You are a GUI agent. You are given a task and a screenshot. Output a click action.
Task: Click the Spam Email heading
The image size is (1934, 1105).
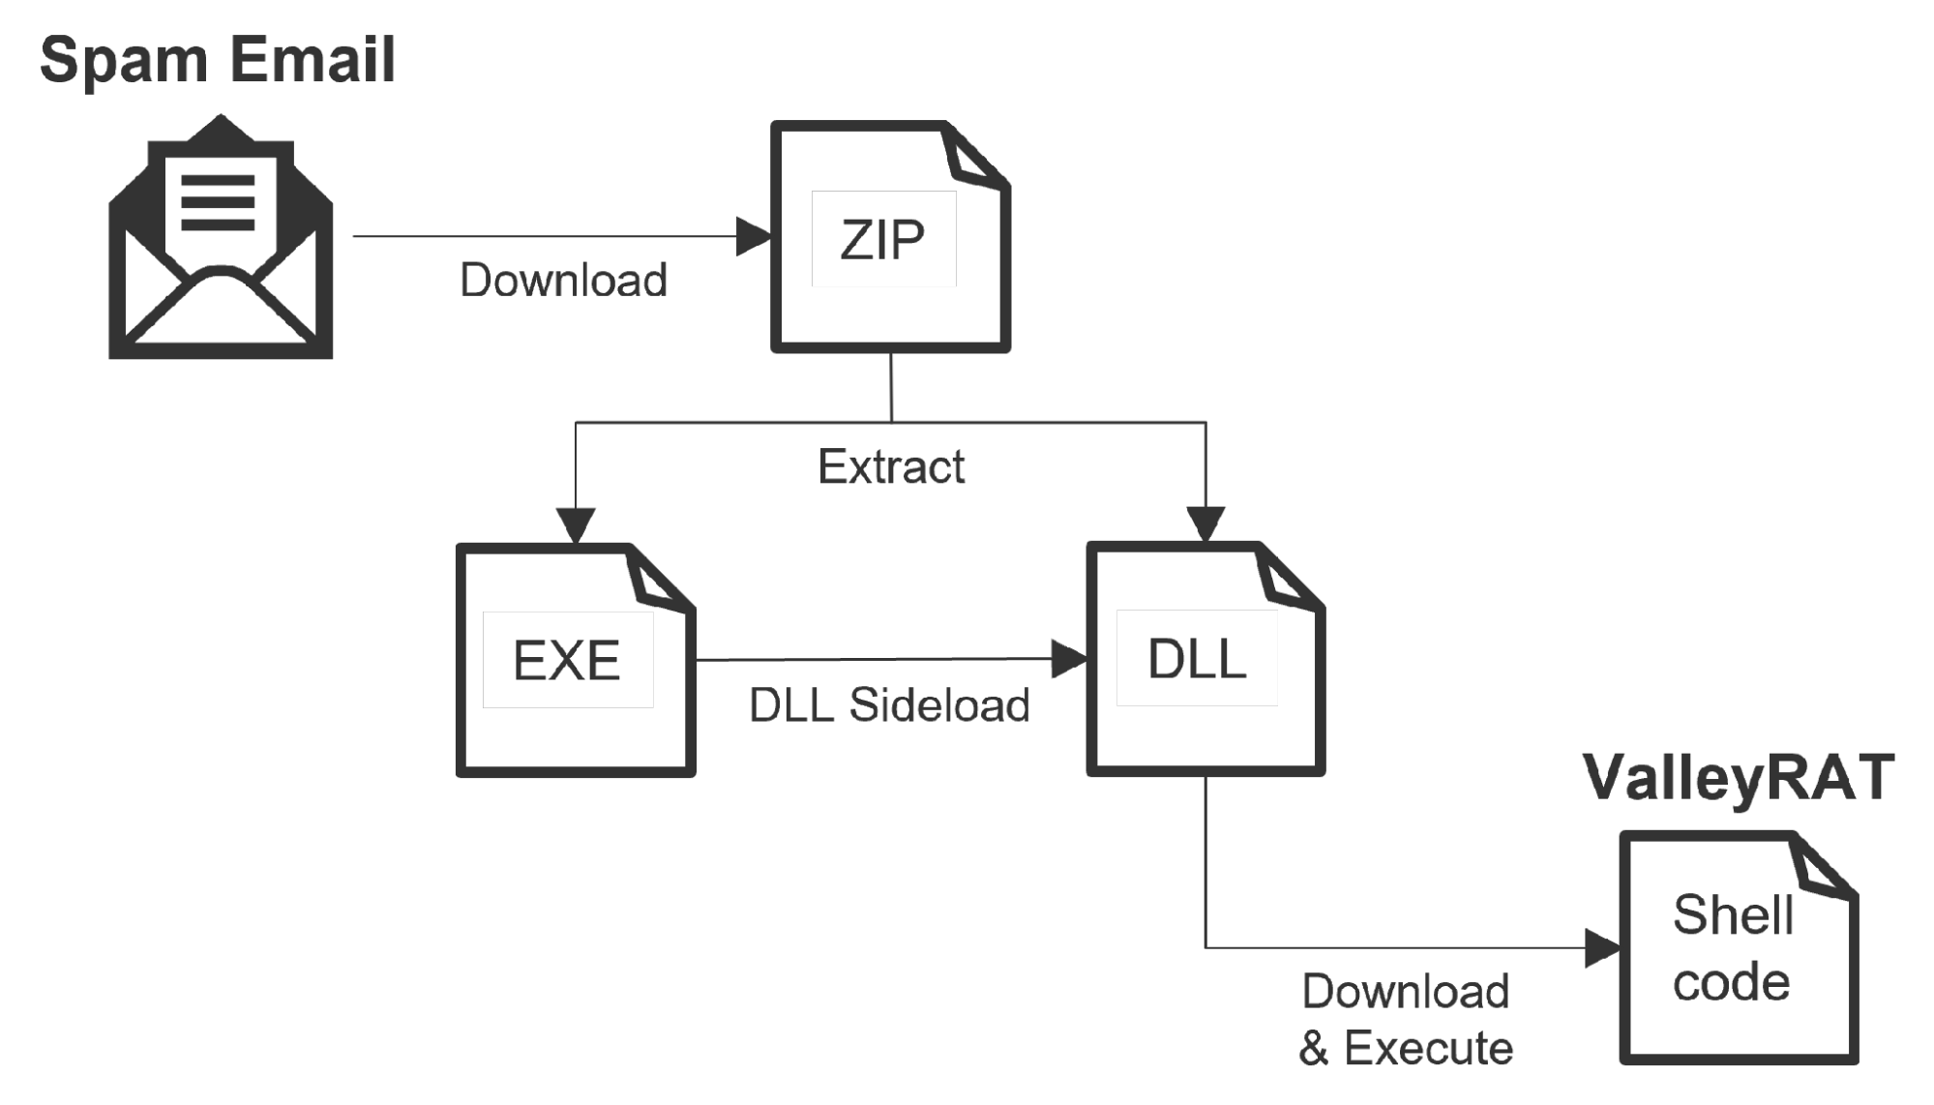[x=218, y=61]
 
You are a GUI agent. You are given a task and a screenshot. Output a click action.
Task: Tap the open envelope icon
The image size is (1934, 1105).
[x=221, y=237]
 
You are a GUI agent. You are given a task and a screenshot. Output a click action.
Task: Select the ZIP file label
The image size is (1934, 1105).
[x=882, y=239]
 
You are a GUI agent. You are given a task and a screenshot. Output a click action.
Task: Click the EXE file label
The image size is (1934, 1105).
[x=567, y=661]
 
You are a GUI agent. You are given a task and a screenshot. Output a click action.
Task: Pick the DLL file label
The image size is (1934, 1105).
[x=1197, y=659]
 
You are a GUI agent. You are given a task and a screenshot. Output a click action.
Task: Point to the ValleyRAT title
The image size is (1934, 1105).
[x=1739, y=777]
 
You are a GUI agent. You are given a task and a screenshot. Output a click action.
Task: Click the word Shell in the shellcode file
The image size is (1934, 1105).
[x=1733, y=914]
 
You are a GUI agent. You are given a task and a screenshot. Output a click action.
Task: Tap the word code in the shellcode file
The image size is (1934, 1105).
[x=1732, y=982]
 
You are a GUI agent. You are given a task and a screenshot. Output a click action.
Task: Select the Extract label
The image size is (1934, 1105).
[x=891, y=466]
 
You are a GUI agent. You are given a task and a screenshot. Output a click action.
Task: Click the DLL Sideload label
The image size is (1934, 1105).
[x=889, y=704]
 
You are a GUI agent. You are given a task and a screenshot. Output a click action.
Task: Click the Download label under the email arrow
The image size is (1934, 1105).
[x=563, y=281]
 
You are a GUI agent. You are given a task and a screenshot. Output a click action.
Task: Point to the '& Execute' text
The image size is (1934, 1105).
[x=1406, y=1048]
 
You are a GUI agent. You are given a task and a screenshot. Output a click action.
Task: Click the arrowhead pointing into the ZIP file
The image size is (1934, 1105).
[x=754, y=236]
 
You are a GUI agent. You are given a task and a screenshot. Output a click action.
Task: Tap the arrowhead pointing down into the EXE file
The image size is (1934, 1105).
[x=576, y=525]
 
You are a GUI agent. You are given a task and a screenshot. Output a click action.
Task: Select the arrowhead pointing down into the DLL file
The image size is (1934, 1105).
[x=1205, y=524]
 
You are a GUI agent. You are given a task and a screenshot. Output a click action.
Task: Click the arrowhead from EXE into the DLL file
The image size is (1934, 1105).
[x=1069, y=659]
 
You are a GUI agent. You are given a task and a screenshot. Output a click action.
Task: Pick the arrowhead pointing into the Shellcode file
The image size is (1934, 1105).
[x=1603, y=948]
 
